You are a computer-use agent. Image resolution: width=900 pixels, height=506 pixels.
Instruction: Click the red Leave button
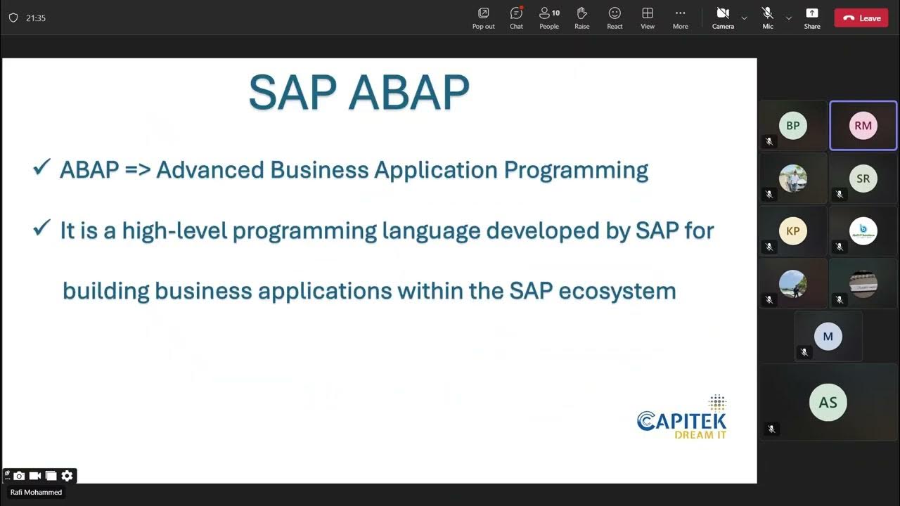[861, 18]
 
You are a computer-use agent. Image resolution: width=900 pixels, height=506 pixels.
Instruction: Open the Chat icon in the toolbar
[516, 13]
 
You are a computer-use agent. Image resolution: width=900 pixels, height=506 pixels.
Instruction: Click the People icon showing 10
[548, 13]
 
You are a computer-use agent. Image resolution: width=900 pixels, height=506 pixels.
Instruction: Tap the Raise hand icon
[581, 13]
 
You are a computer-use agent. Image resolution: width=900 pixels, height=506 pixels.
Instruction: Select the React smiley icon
[615, 13]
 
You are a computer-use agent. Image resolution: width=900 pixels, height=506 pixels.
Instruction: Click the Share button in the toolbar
[811, 13]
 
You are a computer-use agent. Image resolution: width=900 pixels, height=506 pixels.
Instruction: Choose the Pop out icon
[483, 13]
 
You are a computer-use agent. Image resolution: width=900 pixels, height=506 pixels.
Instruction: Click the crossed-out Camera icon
[722, 13]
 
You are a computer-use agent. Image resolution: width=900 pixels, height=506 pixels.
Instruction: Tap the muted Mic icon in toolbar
[767, 13]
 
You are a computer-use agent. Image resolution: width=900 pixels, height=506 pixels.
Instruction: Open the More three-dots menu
[680, 13]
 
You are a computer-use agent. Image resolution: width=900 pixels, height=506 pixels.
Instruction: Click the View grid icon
[648, 13]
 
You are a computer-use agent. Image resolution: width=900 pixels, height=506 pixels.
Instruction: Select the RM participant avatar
[863, 126]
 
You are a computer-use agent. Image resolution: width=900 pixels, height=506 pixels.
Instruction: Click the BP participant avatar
[792, 126]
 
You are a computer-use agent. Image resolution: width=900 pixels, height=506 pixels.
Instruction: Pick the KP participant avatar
[792, 231]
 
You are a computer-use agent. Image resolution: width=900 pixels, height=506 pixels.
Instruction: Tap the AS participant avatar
[828, 402]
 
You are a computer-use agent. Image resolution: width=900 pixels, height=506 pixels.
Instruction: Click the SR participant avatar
[863, 179]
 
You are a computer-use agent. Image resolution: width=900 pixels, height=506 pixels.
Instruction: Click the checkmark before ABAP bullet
[41, 168]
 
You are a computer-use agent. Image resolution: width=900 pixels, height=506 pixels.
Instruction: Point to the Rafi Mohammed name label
[36, 493]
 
